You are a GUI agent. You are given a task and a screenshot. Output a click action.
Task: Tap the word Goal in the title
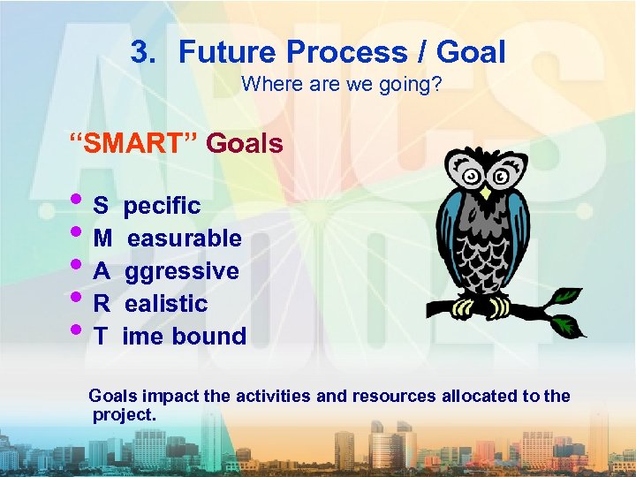[x=469, y=52]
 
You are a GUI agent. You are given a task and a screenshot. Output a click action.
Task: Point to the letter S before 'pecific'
[x=101, y=207]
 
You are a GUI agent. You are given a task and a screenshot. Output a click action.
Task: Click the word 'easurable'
[x=184, y=238]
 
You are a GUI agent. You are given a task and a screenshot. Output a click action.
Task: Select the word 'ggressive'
[x=181, y=271]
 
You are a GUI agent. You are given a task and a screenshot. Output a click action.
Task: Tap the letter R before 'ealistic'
[x=102, y=304]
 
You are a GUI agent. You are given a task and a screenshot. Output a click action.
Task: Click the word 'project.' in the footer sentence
[x=124, y=414]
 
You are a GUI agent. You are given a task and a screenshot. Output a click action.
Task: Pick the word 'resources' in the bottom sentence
[x=394, y=397]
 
